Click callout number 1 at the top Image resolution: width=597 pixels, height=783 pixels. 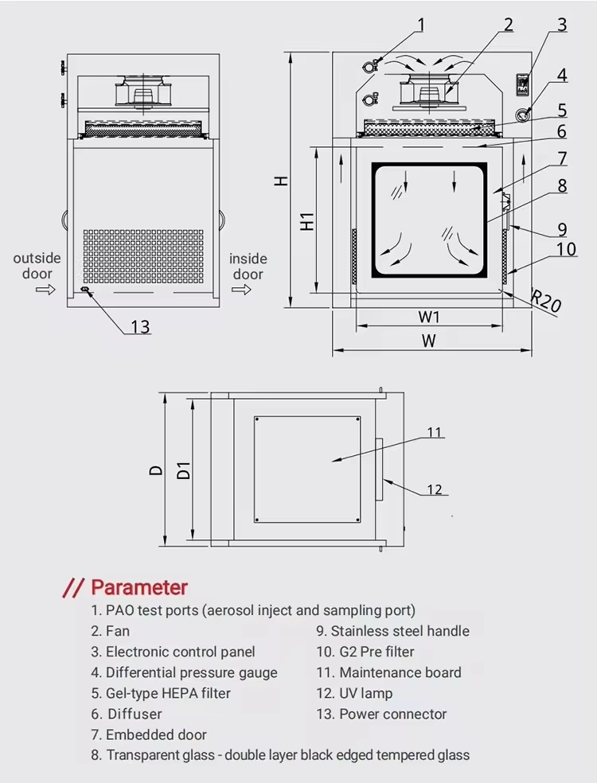pyautogui.click(x=421, y=25)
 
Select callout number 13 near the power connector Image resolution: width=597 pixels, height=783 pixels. pyautogui.click(x=140, y=327)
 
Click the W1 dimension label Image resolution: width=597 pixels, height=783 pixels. pyautogui.click(x=429, y=317)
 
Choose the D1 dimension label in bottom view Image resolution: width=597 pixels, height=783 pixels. pyautogui.click(x=183, y=469)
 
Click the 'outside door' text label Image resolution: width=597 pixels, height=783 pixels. pyautogui.click(x=37, y=266)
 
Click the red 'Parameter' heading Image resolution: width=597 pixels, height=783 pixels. pyautogui.click(x=139, y=588)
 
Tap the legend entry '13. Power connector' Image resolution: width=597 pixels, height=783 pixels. pyautogui.click(x=381, y=714)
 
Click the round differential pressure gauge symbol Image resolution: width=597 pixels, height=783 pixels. pyautogui.click(x=524, y=113)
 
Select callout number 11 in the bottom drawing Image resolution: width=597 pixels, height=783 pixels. pyautogui.click(x=434, y=433)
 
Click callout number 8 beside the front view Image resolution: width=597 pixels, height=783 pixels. pyautogui.click(x=562, y=186)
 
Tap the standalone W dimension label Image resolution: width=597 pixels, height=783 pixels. pyautogui.click(x=429, y=341)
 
